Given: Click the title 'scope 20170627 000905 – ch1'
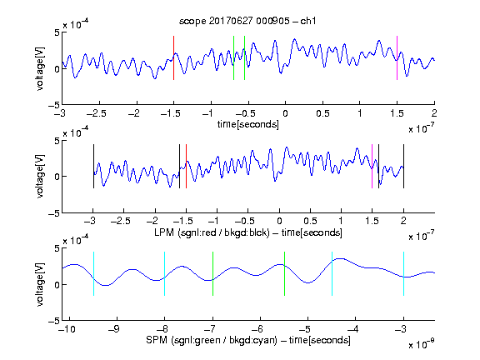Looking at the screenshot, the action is click(x=247, y=21).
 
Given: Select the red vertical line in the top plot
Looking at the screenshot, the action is click(x=173, y=57).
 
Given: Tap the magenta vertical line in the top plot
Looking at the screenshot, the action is click(x=397, y=57).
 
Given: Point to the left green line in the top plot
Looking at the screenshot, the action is click(x=233, y=57).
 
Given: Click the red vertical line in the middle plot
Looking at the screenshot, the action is click(x=186, y=166).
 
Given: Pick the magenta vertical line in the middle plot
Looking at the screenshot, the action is click(x=372, y=166).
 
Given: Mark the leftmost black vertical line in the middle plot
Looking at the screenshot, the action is click(x=93, y=166).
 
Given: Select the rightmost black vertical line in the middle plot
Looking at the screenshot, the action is click(x=403, y=166).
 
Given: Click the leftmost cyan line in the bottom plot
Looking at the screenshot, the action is click(x=93, y=273).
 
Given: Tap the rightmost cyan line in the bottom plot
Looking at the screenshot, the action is click(x=403, y=273).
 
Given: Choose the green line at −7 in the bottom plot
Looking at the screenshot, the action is click(x=212, y=273).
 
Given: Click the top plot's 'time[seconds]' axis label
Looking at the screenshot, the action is click(x=248, y=124).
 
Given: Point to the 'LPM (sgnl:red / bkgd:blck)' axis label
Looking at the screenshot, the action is click(x=212, y=232).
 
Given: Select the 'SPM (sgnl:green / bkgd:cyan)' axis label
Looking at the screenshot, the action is click(x=212, y=340).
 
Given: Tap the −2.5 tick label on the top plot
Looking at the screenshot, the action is click(x=96, y=113).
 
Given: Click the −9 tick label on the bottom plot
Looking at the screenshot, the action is click(x=114, y=329).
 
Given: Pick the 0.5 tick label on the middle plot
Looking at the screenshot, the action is click(x=310, y=221).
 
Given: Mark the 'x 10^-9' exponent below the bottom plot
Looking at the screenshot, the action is click(x=421, y=344).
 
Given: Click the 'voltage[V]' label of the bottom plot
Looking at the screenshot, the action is click(x=40, y=285).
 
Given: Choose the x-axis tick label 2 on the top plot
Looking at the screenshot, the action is click(x=434, y=113).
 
